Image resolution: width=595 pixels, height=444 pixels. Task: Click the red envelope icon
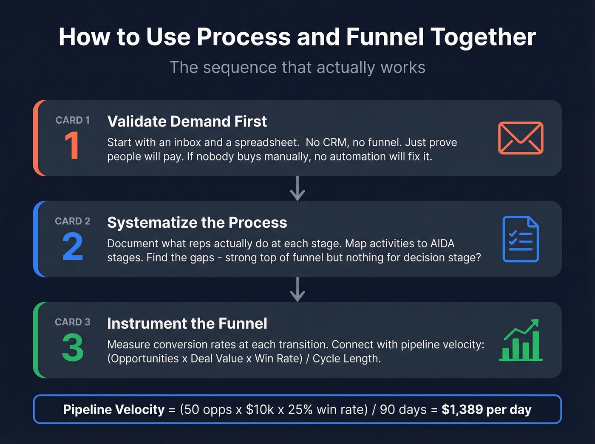(x=520, y=138)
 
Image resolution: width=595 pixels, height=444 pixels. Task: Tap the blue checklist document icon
(x=520, y=239)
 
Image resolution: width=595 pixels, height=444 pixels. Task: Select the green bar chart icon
(x=520, y=340)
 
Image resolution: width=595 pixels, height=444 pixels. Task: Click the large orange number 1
(x=72, y=146)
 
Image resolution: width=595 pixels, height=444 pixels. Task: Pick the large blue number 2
(x=72, y=246)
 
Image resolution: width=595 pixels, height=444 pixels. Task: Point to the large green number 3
(x=72, y=348)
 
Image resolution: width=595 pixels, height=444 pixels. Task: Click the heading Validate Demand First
(x=187, y=122)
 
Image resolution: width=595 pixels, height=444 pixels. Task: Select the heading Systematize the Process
(x=197, y=223)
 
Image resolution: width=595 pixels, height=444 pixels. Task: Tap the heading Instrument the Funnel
(x=187, y=324)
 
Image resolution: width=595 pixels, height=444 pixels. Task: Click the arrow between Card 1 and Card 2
(x=297, y=189)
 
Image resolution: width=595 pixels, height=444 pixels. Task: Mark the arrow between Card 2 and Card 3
(x=297, y=290)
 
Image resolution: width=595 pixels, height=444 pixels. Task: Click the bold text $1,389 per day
(x=486, y=410)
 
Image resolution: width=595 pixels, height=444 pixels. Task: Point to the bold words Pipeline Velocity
(x=113, y=410)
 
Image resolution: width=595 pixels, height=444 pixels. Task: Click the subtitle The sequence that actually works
(x=297, y=68)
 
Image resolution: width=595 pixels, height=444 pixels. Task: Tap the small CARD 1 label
(x=72, y=120)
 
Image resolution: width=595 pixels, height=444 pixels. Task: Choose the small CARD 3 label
(x=72, y=322)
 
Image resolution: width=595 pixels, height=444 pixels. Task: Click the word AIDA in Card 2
(x=442, y=243)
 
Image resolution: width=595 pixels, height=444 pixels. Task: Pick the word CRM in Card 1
(x=335, y=142)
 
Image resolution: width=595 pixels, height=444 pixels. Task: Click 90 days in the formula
(x=403, y=410)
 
